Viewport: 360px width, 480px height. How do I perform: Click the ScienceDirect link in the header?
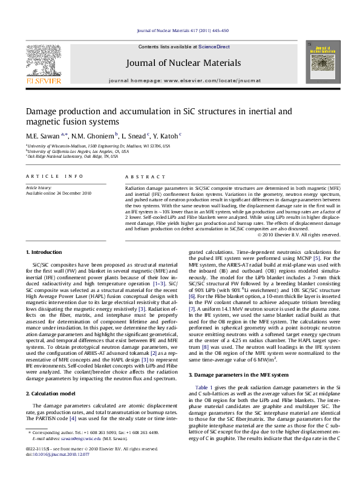click(x=214, y=47)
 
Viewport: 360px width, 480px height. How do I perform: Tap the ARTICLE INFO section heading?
click(x=54, y=176)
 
